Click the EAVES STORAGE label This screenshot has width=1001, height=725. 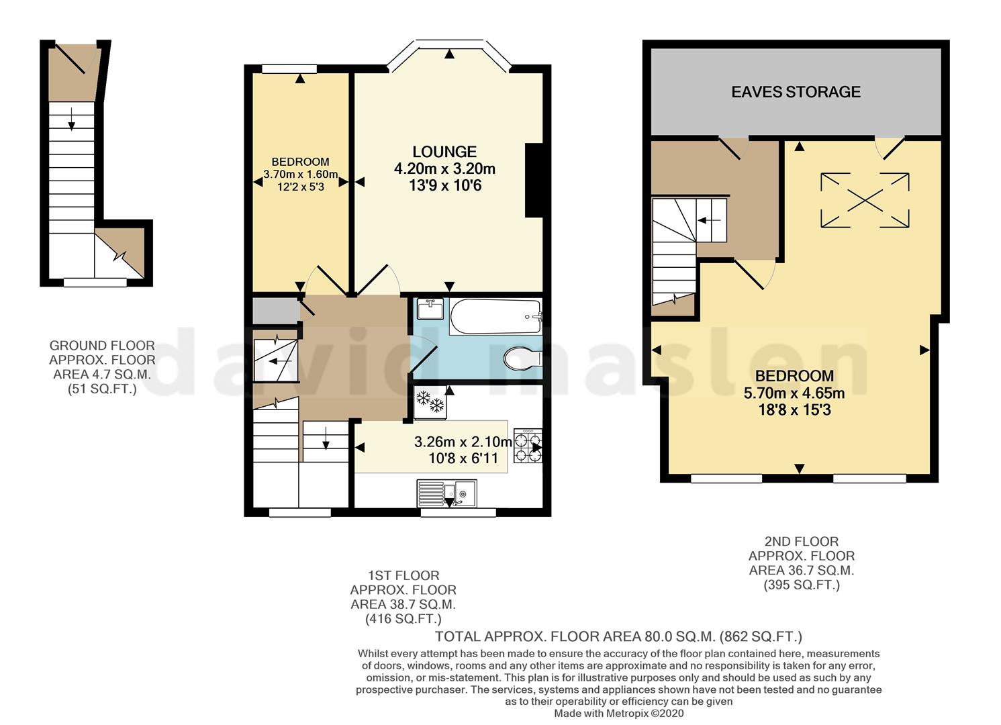pos(796,92)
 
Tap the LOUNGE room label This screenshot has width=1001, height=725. pos(444,152)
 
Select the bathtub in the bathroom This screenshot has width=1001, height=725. pos(495,317)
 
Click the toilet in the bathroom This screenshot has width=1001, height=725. pos(522,358)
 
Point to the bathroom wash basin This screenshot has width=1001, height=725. pos(430,309)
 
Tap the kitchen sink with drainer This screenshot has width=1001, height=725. pos(446,493)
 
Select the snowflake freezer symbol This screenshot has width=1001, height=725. pos(430,402)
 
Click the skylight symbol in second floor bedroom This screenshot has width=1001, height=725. pos(865,200)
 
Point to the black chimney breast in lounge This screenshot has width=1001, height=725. pos(534,181)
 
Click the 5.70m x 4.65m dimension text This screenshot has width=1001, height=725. pos(794,393)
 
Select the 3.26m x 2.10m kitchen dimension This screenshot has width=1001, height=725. pos(463,442)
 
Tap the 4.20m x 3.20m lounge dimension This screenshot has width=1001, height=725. pos(444,168)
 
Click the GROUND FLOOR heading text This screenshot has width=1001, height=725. pos(102,346)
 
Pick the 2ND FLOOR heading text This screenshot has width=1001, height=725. pos(802,541)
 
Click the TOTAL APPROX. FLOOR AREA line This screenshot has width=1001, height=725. pos(618,636)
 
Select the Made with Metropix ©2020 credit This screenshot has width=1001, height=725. pos(618,714)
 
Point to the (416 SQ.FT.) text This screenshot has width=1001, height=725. pos(403,619)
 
